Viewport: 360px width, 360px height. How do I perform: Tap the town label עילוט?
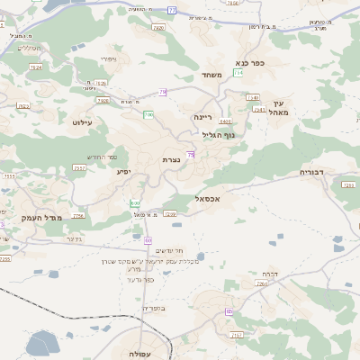[x=83, y=122]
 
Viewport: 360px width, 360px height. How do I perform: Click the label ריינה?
[x=202, y=117]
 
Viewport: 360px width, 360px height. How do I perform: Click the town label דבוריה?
[x=317, y=171]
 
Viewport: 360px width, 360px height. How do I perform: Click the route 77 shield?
[x=172, y=10]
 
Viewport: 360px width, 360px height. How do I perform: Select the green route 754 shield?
[x=238, y=72]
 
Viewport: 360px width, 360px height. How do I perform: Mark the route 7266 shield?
[x=262, y=283]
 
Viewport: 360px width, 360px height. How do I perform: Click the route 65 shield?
[x=229, y=311]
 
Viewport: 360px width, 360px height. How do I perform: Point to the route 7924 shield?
[x=35, y=67]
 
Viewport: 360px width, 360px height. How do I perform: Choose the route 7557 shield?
[x=79, y=167]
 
